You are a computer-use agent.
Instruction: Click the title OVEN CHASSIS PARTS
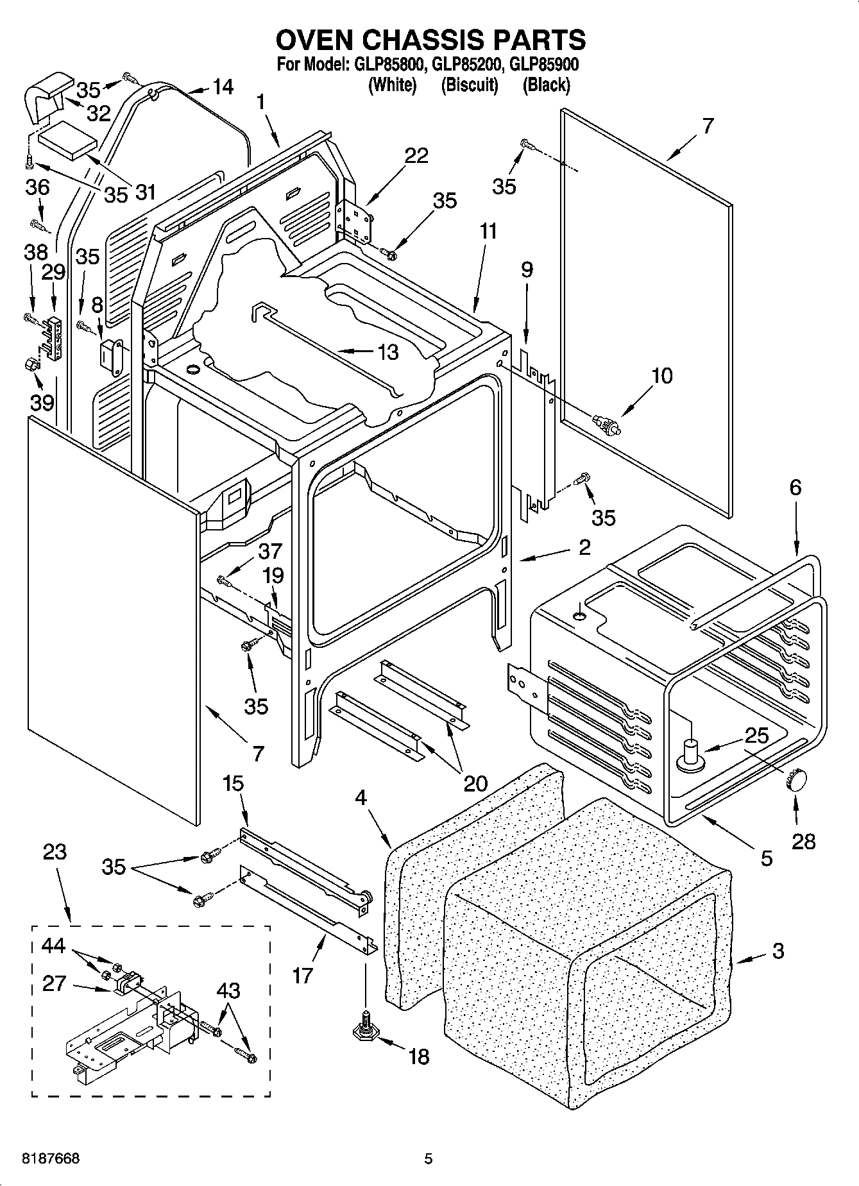point(430,40)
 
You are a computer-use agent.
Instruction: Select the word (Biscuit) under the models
point(469,85)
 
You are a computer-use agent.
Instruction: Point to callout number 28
point(803,840)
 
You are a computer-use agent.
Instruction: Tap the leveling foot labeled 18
point(364,1031)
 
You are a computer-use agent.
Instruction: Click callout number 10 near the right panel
point(661,376)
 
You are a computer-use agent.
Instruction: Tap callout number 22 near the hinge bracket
point(416,156)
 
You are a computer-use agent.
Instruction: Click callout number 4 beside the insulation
point(361,798)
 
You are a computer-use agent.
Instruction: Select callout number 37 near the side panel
point(270,551)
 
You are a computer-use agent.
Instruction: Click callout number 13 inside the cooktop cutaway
point(387,352)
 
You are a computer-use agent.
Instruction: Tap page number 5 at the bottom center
point(429,1158)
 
